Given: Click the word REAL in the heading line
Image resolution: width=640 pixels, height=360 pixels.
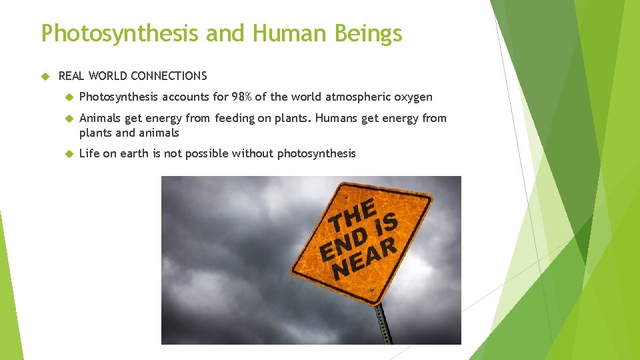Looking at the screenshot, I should (72, 76).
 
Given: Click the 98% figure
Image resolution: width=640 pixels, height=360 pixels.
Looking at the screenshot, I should (242, 97).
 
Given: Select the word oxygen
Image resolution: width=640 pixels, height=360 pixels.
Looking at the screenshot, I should (413, 97).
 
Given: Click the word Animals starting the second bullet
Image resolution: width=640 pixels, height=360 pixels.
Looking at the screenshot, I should (100, 119).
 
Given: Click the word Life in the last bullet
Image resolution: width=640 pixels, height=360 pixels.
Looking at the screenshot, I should (89, 154).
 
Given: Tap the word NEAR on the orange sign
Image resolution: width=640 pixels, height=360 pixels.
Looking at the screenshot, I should (366, 258).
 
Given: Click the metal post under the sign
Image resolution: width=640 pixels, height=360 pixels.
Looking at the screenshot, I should (383, 323).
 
